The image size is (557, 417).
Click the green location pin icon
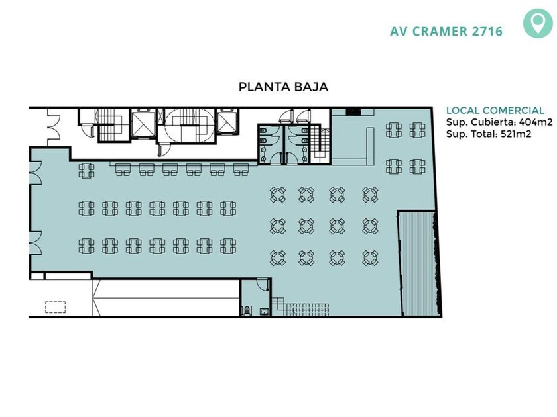pyautogui.click(x=538, y=23)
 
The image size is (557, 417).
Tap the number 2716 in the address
pyautogui.click(x=487, y=32)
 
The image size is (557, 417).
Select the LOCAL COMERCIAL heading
pyautogui.click(x=495, y=111)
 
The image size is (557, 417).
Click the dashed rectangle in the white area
pyautogui.click(x=56, y=307)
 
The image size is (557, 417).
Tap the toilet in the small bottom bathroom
pyautogui.click(x=247, y=310)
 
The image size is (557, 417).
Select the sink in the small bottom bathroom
pyautogui.click(x=264, y=312)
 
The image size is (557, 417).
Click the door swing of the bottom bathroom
pyautogui.click(x=263, y=284)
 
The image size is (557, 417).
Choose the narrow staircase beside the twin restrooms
pyautogui.click(x=321, y=144)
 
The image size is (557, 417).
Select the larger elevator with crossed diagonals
pyautogui.click(x=143, y=124)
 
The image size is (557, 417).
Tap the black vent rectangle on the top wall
pyautogui.click(x=353, y=112)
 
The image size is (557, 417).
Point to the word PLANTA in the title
pyautogui.click(x=261, y=87)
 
